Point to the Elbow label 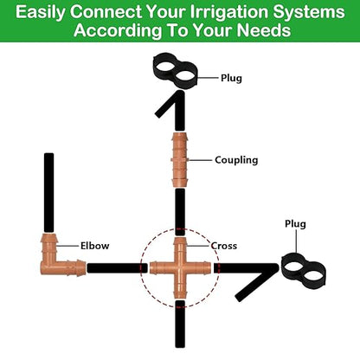click(94, 245)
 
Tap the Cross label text click(224, 245)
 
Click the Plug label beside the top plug click(231, 78)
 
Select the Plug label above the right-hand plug click(296, 223)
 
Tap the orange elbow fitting click(56, 259)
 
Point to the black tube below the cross click(180, 328)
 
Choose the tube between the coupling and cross click(180, 211)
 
